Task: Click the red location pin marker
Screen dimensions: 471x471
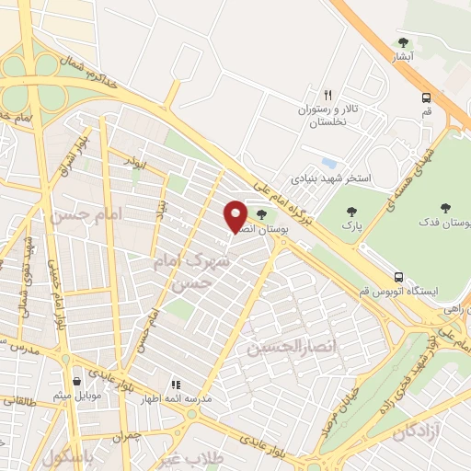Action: pos(235,216)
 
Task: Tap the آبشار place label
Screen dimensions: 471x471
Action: pos(403,57)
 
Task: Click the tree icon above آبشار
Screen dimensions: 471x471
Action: pos(403,42)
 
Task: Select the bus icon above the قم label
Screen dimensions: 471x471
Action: pos(426,98)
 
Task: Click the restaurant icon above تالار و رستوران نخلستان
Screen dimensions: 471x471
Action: pos(327,95)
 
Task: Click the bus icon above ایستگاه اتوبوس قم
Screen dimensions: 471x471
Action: pos(398,276)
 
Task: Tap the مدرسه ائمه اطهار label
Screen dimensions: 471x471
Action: pos(202,399)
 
